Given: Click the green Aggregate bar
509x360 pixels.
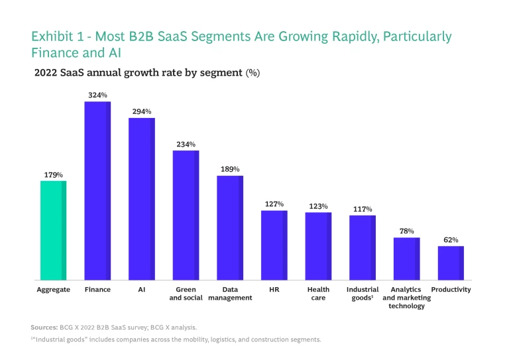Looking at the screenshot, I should pyautogui.click(x=53, y=230).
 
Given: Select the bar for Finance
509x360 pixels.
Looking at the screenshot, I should pyautogui.click(x=97, y=191).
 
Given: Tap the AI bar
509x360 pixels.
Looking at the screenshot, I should pyautogui.click(x=141, y=199).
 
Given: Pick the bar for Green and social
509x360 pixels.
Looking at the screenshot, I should pyautogui.click(x=186, y=215).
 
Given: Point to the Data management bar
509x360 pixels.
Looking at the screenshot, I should pyautogui.click(x=230, y=227).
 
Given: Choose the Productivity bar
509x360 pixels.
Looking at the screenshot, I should pyautogui.click(x=451, y=263).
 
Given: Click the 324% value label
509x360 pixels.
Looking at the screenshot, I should pyautogui.click(x=97, y=95).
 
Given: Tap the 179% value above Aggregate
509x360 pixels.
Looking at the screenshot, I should pyautogui.click(x=53, y=175).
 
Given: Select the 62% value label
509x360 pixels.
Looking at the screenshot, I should pyautogui.click(x=451, y=240).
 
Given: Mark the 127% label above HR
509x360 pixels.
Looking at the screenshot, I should pyautogui.click(x=274, y=204).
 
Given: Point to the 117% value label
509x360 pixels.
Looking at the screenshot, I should pyautogui.click(x=363, y=210).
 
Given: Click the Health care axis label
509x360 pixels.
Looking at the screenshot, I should pyautogui.click(x=318, y=294).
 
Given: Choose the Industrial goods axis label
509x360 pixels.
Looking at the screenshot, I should pyautogui.click(x=363, y=294).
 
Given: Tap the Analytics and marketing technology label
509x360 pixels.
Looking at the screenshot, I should pyautogui.click(x=406, y=298).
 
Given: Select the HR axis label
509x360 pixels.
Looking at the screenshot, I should pyautogui.click(x=274, y=290).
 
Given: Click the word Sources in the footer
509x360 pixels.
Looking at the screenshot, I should pyautogui.click(x=44, y=328).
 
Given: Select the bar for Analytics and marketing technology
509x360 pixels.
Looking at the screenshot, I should pyautogui.click(x=406, y=259).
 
